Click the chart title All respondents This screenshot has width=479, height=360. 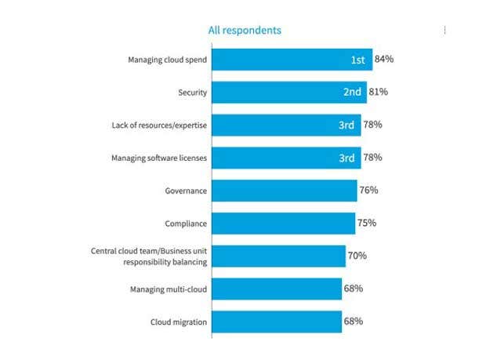point(245,31)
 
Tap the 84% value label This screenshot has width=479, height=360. point(383,59)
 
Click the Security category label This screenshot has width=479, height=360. point(192,93)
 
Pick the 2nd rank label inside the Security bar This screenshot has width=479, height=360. point(352,92)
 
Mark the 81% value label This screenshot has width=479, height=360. point(378,92)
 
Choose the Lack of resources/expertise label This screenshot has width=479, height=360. point(160,125)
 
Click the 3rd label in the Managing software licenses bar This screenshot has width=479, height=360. point(347,158)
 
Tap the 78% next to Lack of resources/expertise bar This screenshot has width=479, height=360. point(372,125)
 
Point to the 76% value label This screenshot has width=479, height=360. point(368,190)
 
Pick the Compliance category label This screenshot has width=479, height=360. point(185,224)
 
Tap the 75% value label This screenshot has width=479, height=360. point(366,223)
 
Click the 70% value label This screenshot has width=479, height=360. point(357,256)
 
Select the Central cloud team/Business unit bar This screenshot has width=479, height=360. point(278,256)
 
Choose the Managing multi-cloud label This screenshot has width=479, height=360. point(168,289)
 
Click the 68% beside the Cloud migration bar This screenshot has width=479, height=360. point(353,322)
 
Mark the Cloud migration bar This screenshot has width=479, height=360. point(276,322)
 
